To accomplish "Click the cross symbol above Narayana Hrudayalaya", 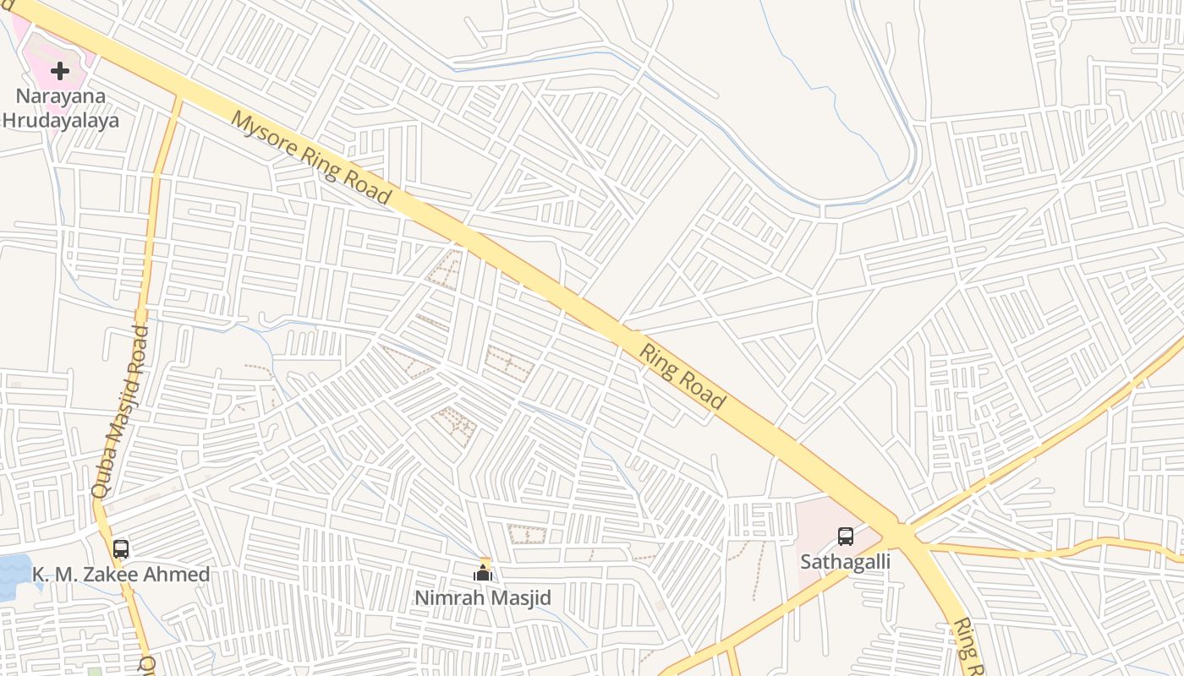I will [60, 71].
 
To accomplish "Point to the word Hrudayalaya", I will [60, 120].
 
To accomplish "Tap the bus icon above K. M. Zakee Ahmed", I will [121, 548].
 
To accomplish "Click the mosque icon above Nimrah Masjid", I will [483, 573].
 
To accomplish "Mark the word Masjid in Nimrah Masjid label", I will [520, 598].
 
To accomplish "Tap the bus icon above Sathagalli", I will [845, 536].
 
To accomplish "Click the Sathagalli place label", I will [845, 561].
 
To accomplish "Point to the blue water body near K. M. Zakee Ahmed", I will [14, 575].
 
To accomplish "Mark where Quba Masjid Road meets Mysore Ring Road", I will [178, 95].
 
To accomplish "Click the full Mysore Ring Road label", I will [311, 158].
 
